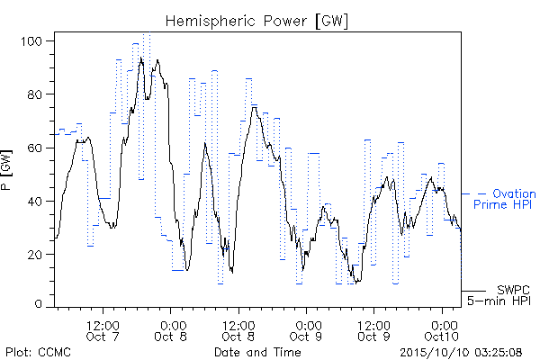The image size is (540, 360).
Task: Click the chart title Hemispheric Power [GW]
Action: coord(256,22)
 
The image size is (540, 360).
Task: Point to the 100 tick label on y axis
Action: coord(31,41)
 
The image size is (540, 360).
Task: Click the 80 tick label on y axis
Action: coord(35,94)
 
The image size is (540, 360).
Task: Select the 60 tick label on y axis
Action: coord(35,148)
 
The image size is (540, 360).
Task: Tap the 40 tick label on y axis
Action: coord(35,202)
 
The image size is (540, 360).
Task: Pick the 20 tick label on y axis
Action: coord(35,255)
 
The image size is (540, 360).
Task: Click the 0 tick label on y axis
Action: coord(39,304)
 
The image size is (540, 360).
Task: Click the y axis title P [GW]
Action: coord(6,170)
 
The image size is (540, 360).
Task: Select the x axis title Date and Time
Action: coord(257,352)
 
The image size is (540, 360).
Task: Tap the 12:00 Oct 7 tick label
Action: coord(103,331)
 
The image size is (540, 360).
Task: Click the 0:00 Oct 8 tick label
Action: coord(170,331)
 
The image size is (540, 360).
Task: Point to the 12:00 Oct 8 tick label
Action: coord(238,331)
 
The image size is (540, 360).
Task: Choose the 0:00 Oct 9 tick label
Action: coord(306,331)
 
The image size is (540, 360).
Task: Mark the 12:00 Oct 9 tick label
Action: coord(373,331)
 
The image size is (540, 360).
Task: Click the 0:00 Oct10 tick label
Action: coord(442,331)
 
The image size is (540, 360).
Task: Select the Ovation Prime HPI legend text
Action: coord(505,199)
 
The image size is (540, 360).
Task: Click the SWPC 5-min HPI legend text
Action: coord(499,295)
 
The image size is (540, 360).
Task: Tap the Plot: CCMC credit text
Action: coord(38,352)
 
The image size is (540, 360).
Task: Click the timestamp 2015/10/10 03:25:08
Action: coord(461,353)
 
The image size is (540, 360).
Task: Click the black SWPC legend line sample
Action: coord(473,291)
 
